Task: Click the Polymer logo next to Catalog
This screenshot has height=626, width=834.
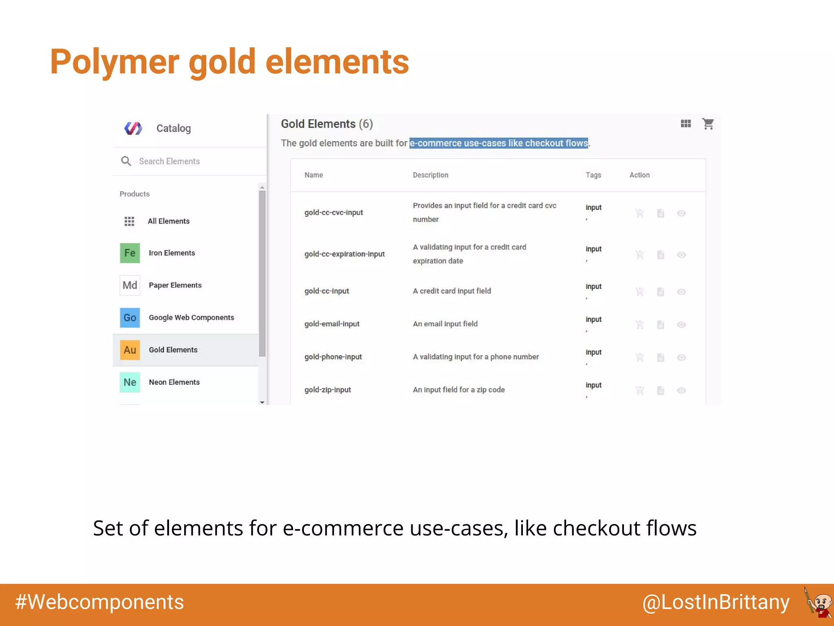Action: (x=133, y=128)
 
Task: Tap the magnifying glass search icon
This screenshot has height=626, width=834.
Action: (x=126, y=161)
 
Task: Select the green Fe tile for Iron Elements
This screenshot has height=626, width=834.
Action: (x=130, y=253)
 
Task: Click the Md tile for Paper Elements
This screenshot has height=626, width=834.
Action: (x=130, y=285)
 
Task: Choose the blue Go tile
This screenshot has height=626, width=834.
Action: (x=130, y=317)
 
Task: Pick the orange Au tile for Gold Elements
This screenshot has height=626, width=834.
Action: (x=130, y=350)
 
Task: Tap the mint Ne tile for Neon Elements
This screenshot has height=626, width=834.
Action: (x=130, y=382)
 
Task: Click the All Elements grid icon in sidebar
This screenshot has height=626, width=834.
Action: (x=129, y=221)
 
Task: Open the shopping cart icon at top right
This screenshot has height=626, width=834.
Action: (x=708, y=123)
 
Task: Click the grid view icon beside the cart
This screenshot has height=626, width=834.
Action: (x=686, y=123)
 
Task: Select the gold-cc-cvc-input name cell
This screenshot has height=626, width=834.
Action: (x=334, y=212)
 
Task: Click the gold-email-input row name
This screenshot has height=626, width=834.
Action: (x=332, y=324)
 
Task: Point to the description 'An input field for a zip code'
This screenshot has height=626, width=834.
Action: (x=459, y=390)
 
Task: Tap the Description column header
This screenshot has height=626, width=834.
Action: (x=430, y=175)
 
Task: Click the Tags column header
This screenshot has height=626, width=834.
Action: (x=593, y=175)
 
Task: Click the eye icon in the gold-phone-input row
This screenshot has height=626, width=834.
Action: (x=681, y=357)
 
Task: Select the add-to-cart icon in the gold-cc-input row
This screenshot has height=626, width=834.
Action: (x=640, y=292)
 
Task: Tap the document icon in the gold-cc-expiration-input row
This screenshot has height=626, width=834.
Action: (x=661, y=255)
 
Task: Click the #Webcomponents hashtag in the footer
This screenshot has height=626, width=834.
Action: (x=100, y=602)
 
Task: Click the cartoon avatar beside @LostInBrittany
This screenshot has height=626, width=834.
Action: (x=819, y=602)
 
